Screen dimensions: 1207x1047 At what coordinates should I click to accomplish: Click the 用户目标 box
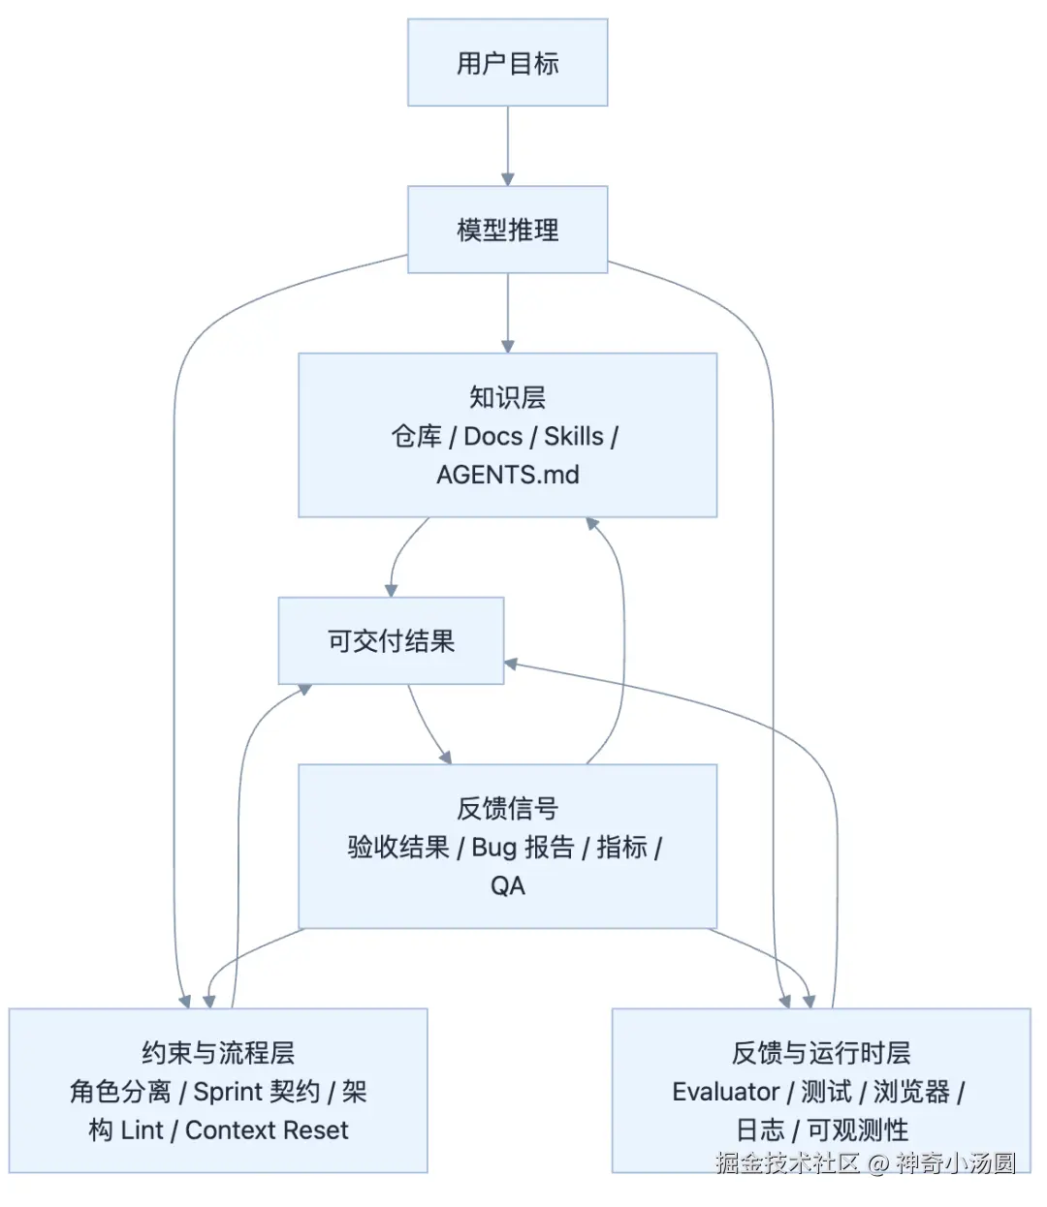tap(507, 63)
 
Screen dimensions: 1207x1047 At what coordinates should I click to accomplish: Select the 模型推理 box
tap(507, 230)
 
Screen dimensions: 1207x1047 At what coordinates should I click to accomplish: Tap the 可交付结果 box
tap(391, 641)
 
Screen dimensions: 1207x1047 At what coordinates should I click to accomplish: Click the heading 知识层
tap(507, 397)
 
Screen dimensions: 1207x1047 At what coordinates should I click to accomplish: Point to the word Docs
tap(492, 436)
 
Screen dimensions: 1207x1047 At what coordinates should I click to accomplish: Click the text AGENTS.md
tap(507, 475)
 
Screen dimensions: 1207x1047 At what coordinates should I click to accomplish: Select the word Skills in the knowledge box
tap(573, 436)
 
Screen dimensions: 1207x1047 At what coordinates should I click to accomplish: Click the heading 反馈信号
tap(507, 808)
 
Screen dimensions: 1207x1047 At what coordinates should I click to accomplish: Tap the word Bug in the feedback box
tap(493, 848)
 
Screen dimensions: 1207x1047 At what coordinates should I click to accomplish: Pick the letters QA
tap(507, 885)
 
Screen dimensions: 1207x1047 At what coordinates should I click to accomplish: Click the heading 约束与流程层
tap(217, 1053)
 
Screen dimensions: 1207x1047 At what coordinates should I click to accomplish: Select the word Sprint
tap(228, 1092)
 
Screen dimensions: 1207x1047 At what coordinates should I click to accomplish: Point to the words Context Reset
tap(267, 1130)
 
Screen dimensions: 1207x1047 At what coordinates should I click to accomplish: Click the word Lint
tap(142, 1130)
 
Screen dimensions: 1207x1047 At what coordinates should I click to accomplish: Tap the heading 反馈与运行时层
tap(820, 1053)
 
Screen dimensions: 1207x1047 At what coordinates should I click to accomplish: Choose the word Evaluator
tap(725, 1092)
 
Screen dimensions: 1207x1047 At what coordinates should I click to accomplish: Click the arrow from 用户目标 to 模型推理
tap(507, 145)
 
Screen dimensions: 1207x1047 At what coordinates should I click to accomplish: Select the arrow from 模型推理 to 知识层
tap(507, 312)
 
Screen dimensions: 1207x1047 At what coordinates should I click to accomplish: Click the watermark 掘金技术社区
tap(787, 1162)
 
